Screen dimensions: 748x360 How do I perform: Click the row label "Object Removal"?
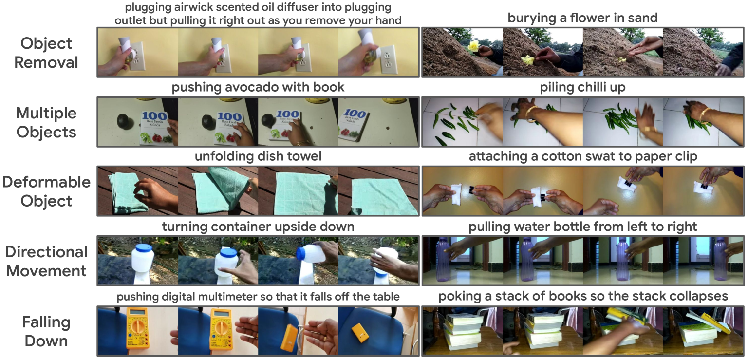[46, 53]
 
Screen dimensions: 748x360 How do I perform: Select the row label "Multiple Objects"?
[46, 123]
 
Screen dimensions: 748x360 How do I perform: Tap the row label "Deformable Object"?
[46, 191]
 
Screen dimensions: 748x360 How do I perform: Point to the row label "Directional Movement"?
[46, 261]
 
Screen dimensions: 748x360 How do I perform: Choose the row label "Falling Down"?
[46, 331]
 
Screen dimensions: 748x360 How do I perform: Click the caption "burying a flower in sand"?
[583, 18]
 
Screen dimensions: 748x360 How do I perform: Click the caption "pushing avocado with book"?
[258, 87]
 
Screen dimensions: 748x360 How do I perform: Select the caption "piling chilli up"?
[583, 87]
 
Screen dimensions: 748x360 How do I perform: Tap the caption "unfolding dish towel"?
[258, 156]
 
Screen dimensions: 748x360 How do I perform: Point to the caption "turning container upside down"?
[258, 227]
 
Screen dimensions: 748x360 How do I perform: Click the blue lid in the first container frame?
[144, 248]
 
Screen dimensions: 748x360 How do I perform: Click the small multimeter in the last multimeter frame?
[360, 333]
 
